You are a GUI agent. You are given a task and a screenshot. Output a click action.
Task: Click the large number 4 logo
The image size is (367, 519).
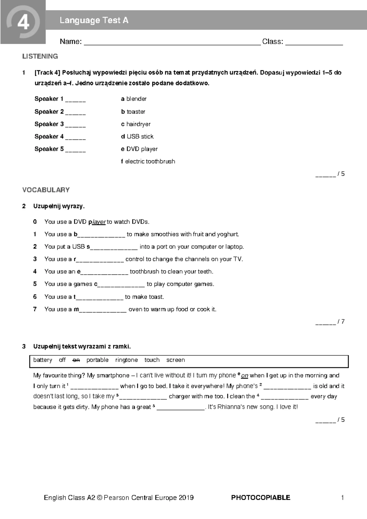click(x=23, y=22)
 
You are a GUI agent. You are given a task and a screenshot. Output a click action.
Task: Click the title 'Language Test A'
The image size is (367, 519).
click(x=94, y=20)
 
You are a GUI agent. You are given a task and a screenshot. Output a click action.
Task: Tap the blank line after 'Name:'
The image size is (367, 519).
click(x=172, y=43)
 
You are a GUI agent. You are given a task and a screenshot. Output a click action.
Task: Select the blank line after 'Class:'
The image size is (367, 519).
click(x=314, y=43)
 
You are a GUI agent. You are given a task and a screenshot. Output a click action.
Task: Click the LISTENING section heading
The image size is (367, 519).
click(x=40, y=56)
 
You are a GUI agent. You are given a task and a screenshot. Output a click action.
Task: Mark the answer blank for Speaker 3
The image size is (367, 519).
click(x=76, y=125)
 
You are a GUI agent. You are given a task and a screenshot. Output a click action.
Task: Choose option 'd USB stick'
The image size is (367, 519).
click(x=137, y=136)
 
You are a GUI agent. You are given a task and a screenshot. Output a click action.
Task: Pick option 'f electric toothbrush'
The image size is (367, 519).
click(x=148, y=161)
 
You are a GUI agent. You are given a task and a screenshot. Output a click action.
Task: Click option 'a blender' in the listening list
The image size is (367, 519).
click(x=134, y=99)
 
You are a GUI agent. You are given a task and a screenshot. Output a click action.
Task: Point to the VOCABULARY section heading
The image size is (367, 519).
click(x=46, y=190)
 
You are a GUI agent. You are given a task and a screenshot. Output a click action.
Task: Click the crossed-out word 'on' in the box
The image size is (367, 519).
click(x=76, y=360)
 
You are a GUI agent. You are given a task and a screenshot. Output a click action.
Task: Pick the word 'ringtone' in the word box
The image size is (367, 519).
click(x=126, y=360)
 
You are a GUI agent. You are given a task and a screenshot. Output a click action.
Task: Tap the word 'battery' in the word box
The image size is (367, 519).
click(x=43, y=360)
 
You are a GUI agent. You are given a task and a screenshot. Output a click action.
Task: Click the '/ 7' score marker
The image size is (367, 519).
click(x=341, y=322)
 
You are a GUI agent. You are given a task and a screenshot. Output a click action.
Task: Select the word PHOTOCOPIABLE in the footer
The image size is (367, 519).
click(x=261, y=498)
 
